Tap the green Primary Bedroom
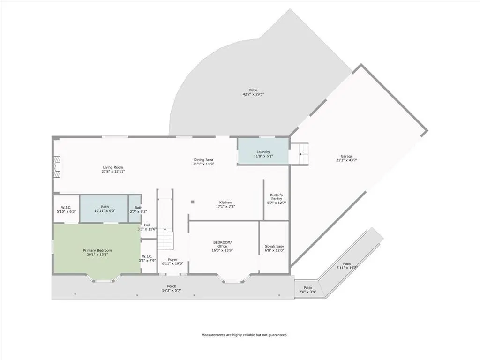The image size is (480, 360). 97,248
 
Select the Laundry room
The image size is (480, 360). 263,151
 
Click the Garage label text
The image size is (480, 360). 346,156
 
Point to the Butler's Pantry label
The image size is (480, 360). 277,197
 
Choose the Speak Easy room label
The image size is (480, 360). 274,246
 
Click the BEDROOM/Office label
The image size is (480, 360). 223,244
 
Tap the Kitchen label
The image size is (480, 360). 225,202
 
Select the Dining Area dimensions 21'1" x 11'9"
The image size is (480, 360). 203,164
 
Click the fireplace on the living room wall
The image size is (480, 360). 57,167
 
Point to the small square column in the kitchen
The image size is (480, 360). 193,202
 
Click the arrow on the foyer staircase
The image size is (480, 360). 165,228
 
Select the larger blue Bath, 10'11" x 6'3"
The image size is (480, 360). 104,209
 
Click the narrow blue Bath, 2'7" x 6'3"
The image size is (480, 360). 135,209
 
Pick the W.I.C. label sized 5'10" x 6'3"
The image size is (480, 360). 67,210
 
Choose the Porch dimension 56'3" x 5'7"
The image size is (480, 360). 172,290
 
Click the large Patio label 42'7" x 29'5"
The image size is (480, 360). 253,92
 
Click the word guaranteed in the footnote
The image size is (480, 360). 277,335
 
